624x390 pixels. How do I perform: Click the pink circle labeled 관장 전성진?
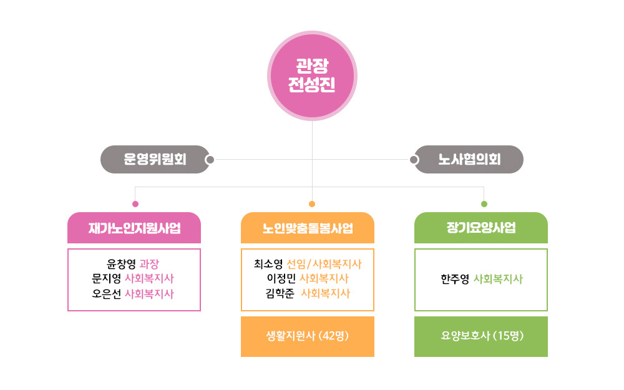[x=312, y=76]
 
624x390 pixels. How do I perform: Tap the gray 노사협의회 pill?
[x=469, y=160]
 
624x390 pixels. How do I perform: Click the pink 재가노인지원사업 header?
[x=134, y=228]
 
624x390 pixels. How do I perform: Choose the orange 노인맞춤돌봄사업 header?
[x=308, y=228]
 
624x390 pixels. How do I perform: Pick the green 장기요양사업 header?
[x=481, y=228]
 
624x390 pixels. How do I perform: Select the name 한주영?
[x=455, y=279]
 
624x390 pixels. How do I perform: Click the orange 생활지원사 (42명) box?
[x=308, y=336]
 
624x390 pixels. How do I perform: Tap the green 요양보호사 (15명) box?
[x=481, y=336]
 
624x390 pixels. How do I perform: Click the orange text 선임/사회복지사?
[x=324, y=263]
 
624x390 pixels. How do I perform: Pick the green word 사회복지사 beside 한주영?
[x=498, y=279]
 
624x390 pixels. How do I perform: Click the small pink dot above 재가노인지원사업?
[x=135, y=204]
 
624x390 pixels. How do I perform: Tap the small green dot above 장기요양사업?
[x=484, y=204]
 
